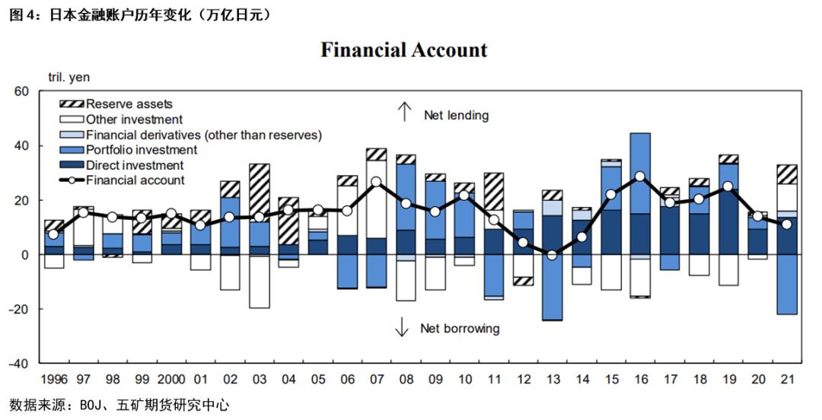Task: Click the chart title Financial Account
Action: [403, 50]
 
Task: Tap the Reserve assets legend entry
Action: [129, 104]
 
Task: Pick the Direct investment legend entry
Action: [135, 165]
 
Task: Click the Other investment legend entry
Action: [134, 119]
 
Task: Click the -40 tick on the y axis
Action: [18, 363]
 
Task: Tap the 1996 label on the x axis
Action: [53, 378]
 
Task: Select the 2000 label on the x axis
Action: [171, 378]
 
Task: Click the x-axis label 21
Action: [786, 378]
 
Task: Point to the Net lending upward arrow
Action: [404, 113]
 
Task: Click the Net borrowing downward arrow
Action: [401, 328]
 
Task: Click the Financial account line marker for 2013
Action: [553, 255]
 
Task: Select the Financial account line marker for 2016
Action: [640, 176]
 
